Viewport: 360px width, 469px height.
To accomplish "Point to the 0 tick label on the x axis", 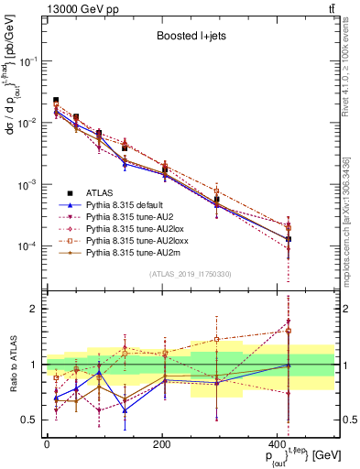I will pos(46,444).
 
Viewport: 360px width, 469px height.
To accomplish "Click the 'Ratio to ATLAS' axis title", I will pos(13,365).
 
